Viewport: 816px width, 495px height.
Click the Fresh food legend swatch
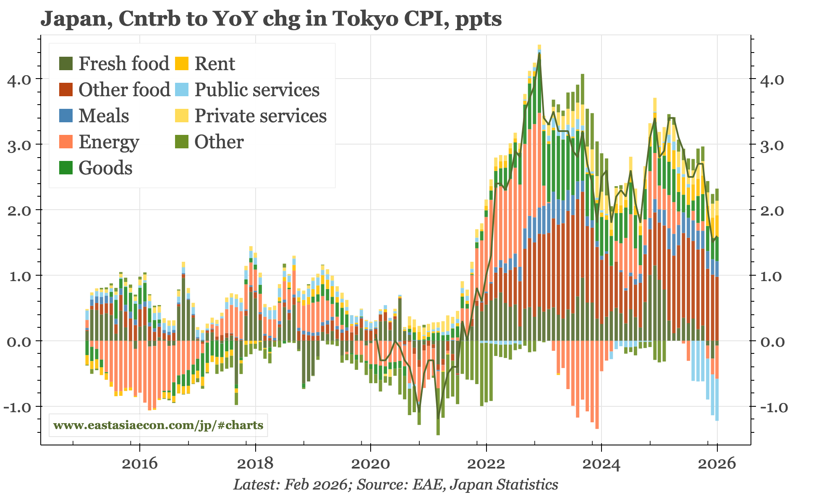coord(66,64)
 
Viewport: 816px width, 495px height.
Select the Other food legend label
coord(124,90)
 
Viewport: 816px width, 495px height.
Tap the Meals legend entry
coord(104,116)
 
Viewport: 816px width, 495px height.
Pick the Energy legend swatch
coord(66,142)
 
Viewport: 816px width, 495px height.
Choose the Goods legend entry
coord(105,168)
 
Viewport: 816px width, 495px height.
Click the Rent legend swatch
coord(182,64)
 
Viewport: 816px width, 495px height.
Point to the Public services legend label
coord(257,90)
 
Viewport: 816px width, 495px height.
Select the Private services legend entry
coord(260,116)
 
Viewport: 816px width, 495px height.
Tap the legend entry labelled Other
coord(219,142)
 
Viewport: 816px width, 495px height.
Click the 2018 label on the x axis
coord(255,464)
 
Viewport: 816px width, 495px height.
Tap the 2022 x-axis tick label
coord(486,464)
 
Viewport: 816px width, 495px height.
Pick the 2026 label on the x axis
coord(717,464)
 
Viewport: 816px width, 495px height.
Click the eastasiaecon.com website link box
coord(158,425)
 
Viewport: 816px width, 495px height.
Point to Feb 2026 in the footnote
coord(316,484)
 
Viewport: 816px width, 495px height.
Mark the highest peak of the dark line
coord(539,53)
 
